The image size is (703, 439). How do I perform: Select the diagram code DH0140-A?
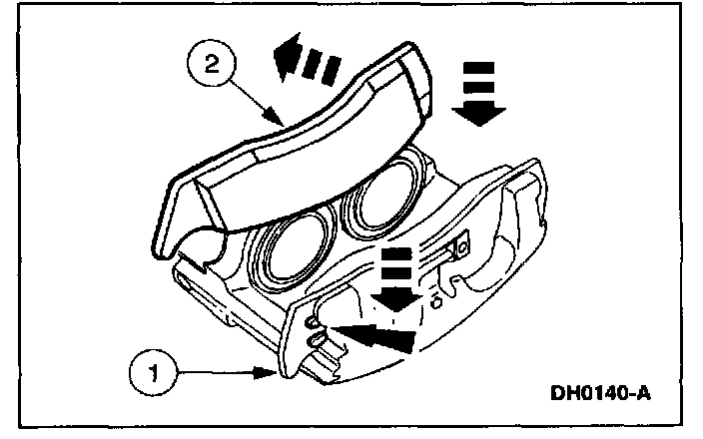click(x=599, y=393)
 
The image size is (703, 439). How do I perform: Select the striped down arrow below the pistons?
click(x=400, y=280)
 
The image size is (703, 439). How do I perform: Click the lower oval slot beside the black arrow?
click(x=318, y=341)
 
